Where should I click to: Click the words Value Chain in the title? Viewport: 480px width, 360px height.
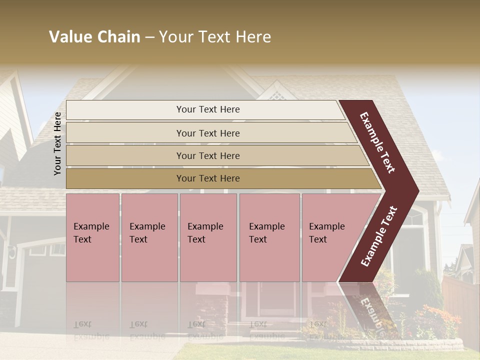point(94,37)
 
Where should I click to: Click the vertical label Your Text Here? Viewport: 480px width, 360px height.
point(57,143)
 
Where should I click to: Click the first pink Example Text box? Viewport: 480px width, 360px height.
point(92,237)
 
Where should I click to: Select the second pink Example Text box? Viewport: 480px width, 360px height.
point(149,237)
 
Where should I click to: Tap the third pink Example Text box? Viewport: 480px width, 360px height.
point(208,237)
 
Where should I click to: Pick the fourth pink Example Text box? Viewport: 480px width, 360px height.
point(269,237)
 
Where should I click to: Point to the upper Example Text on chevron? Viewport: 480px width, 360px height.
point(378,142)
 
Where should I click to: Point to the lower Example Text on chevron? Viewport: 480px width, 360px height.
point(379,236)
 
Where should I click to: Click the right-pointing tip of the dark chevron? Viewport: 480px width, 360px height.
point(415,191)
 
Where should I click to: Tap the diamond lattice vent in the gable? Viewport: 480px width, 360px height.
point(274,93)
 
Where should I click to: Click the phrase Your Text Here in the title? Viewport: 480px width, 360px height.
point(215,37)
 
